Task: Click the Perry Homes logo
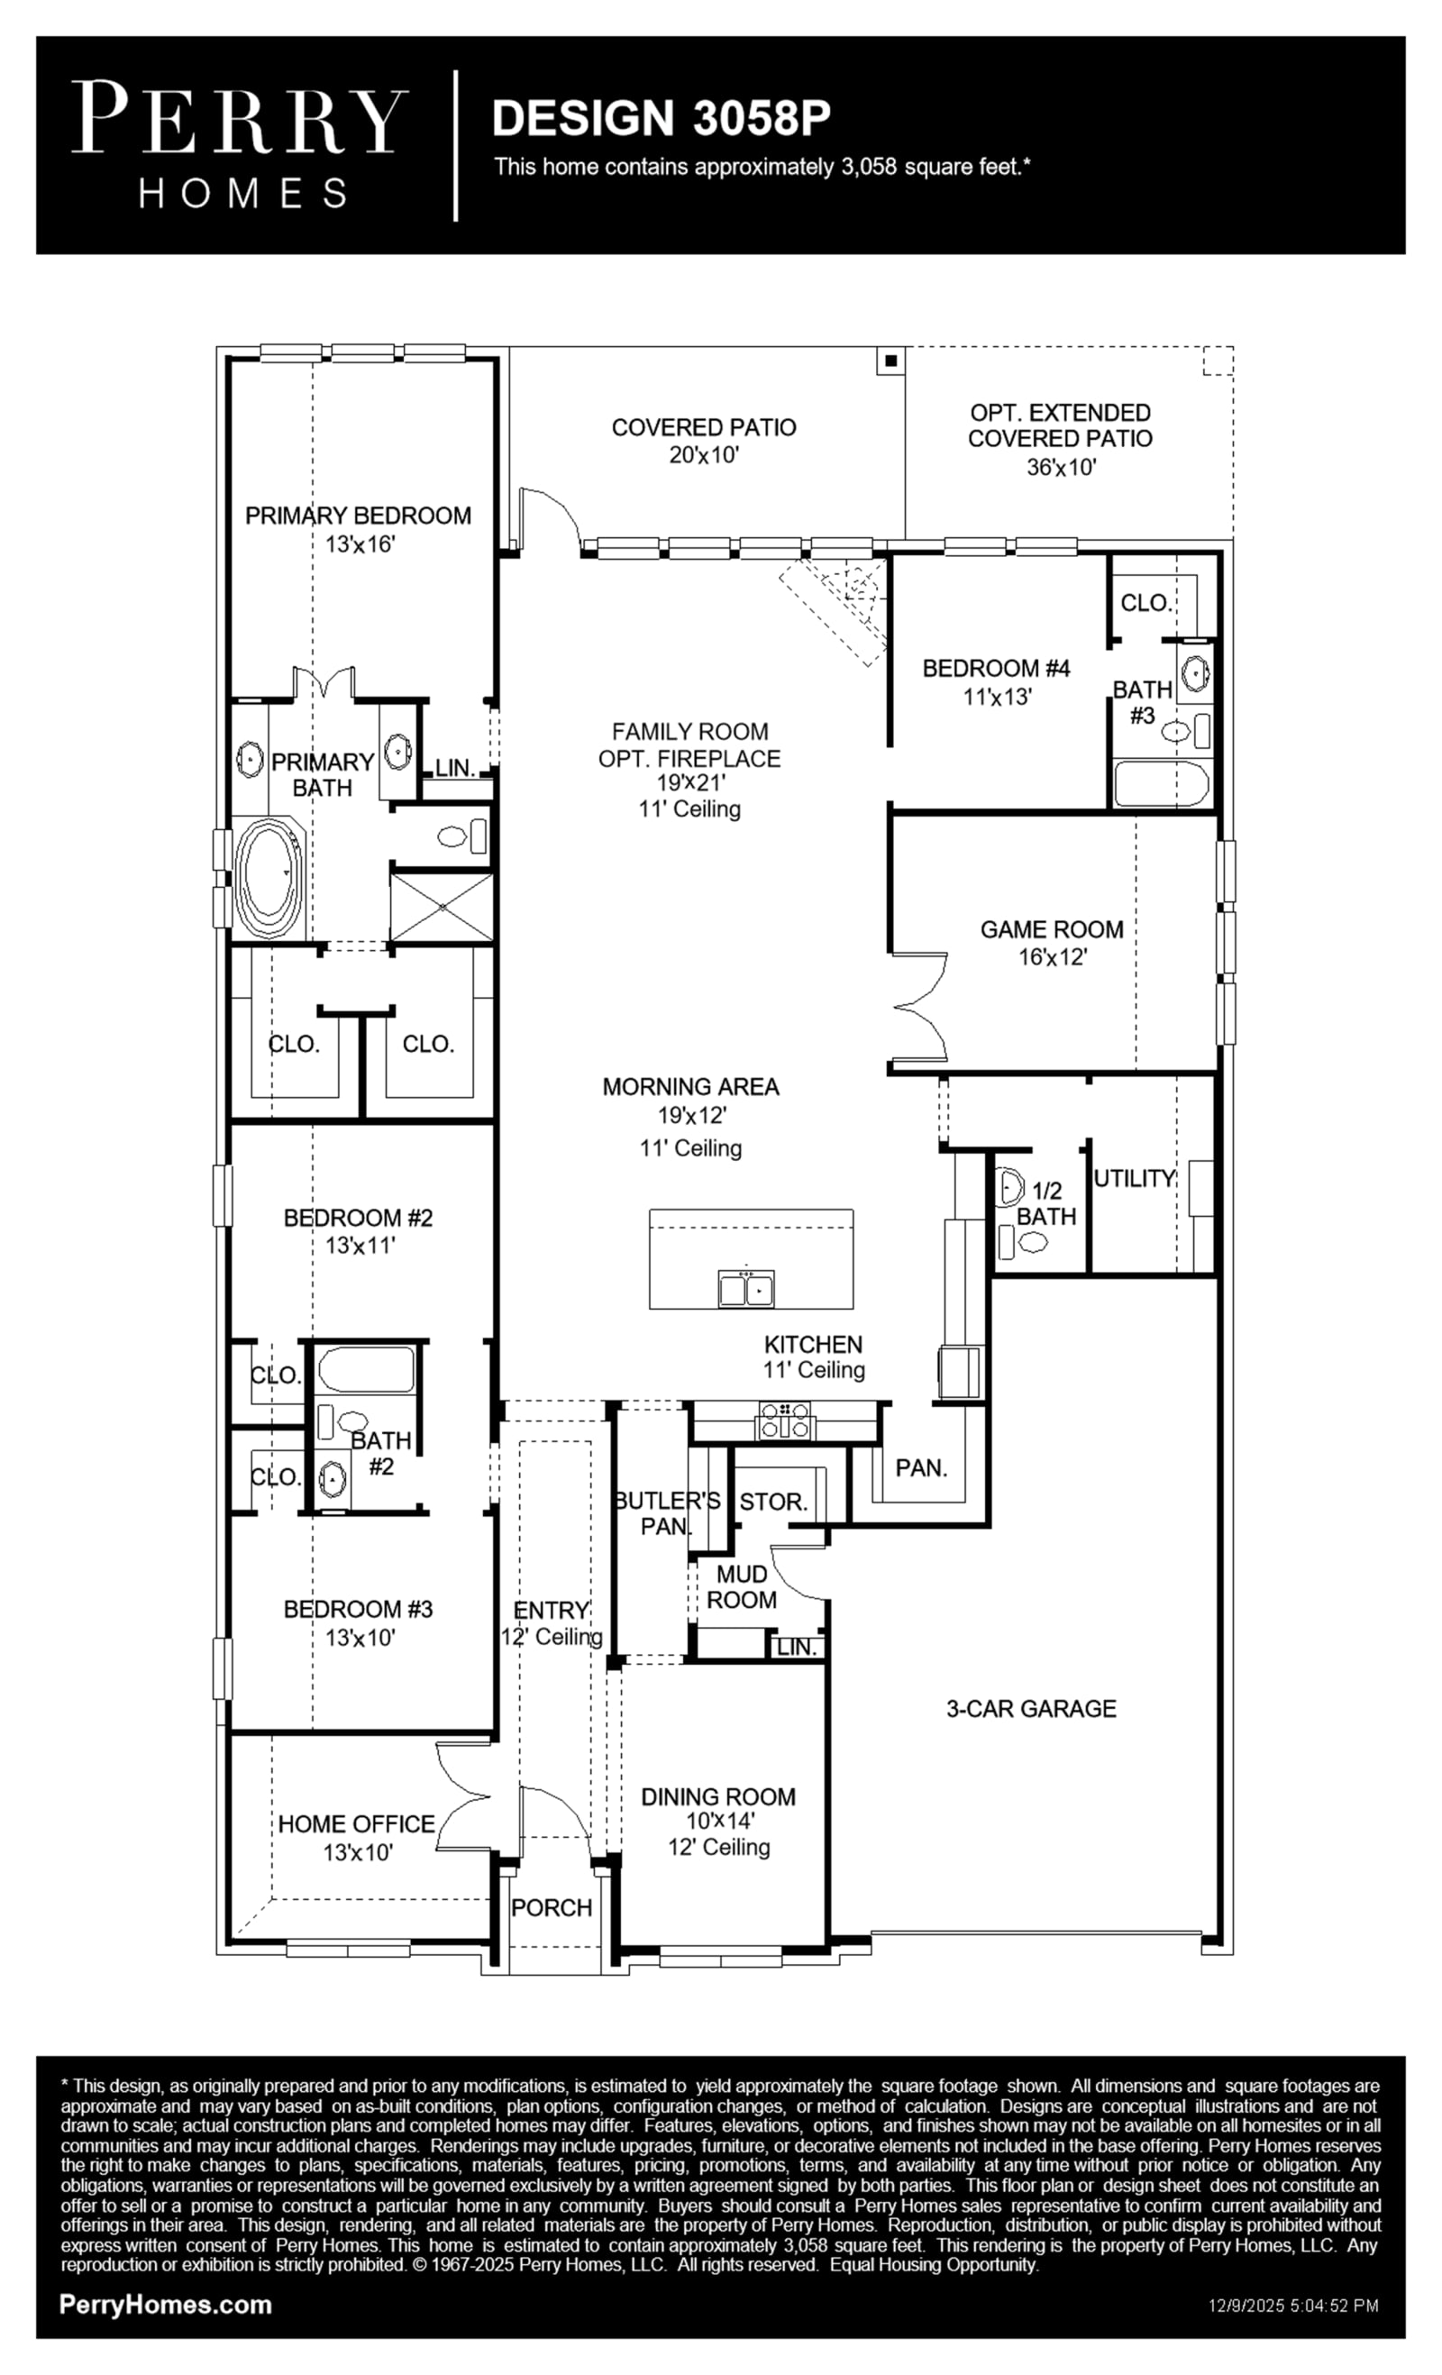click(x=240, y=144)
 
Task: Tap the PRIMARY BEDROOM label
click(x=359, y=516)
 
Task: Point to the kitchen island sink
click(x=746, y=1288)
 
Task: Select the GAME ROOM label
click(x=1052, y=930)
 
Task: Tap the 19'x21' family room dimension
click(x=691, y=782)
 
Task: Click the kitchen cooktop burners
click(x=786, y=1420)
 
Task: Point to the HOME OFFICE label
click(x=357, y=1824)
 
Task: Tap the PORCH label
click(x=552, y=1907)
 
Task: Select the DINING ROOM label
click(x=719, y=1796)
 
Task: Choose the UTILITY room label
click(x=1135, y=1178)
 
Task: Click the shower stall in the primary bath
click(x=442, y=907)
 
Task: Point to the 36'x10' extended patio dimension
click(x=1062, y=468)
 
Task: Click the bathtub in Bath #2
click(x=366, y=1370)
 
